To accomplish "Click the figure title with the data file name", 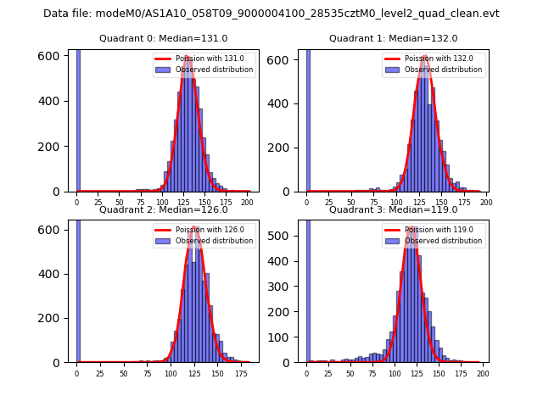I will [271, 14].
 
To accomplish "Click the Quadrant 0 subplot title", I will [163, 38].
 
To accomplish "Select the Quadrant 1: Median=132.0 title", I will [393, 38].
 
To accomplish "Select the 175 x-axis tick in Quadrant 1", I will [461, 203].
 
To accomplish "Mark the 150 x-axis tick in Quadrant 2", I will [217, 374].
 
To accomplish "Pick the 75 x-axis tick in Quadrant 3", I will [372, 374].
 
